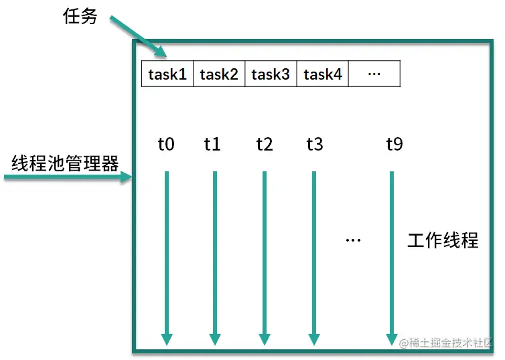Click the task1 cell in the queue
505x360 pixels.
[x=167, y=74]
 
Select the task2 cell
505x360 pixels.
[x=219, y=74]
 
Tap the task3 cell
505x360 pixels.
[x=271, y=74]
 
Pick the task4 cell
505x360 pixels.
[x=322, y=74]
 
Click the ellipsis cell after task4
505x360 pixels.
[x=374, y=74]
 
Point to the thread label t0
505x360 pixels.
[x=166, y=144]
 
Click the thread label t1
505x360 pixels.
[x=212, y=144]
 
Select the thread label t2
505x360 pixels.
[x=265, y=144]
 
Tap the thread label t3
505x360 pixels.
[x=315, y=144]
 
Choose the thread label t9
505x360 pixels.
[x=394, y=144]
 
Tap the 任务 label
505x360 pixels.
[x=80, y=17]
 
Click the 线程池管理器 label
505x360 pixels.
[x=65, y=163]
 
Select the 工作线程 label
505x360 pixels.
[x=443, y=240]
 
